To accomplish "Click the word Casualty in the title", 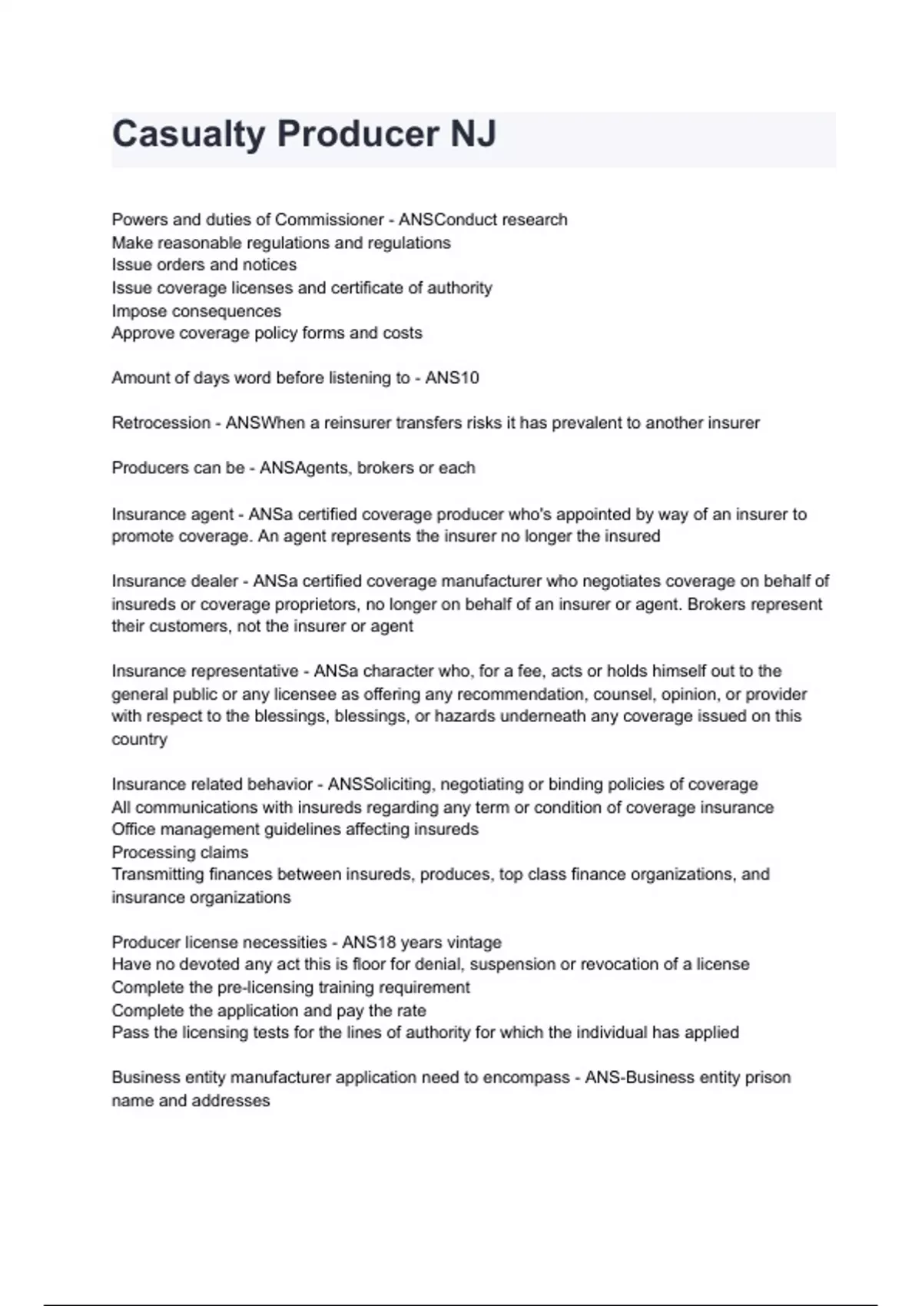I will click(188, 134).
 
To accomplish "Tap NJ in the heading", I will click(473, 134).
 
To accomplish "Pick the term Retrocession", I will click(161, 423).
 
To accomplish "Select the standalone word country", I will click(139, 739).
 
